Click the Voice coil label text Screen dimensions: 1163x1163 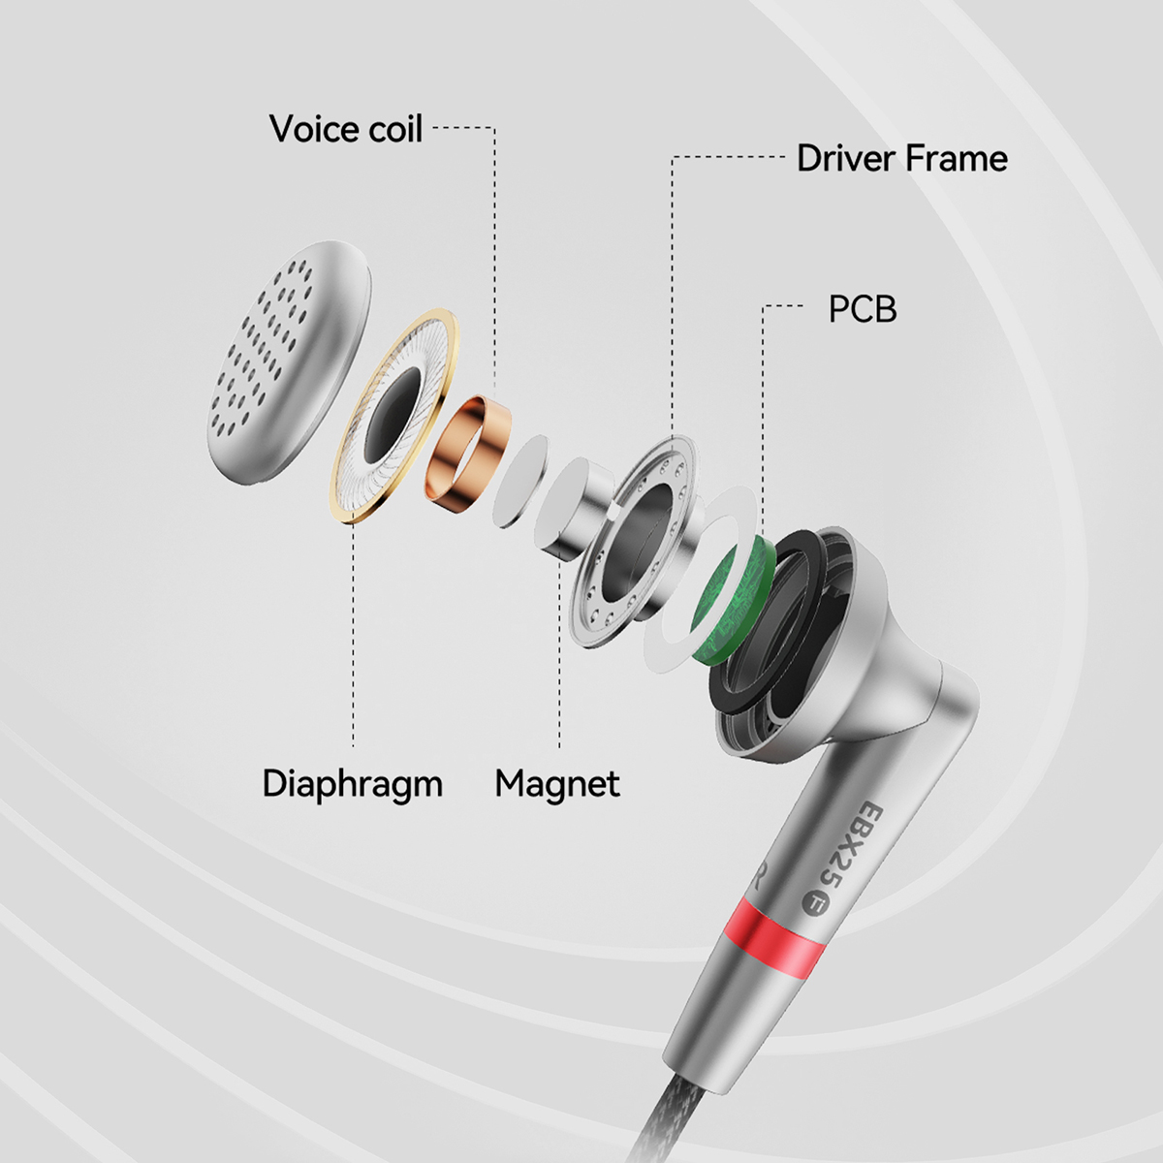(346, 129)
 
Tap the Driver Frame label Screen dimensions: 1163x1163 (902, 159)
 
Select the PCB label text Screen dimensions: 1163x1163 (863, 309)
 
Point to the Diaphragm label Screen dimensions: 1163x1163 (353, 785)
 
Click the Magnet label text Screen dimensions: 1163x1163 (557, 785)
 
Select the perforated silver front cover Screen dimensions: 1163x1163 (288, 361)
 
